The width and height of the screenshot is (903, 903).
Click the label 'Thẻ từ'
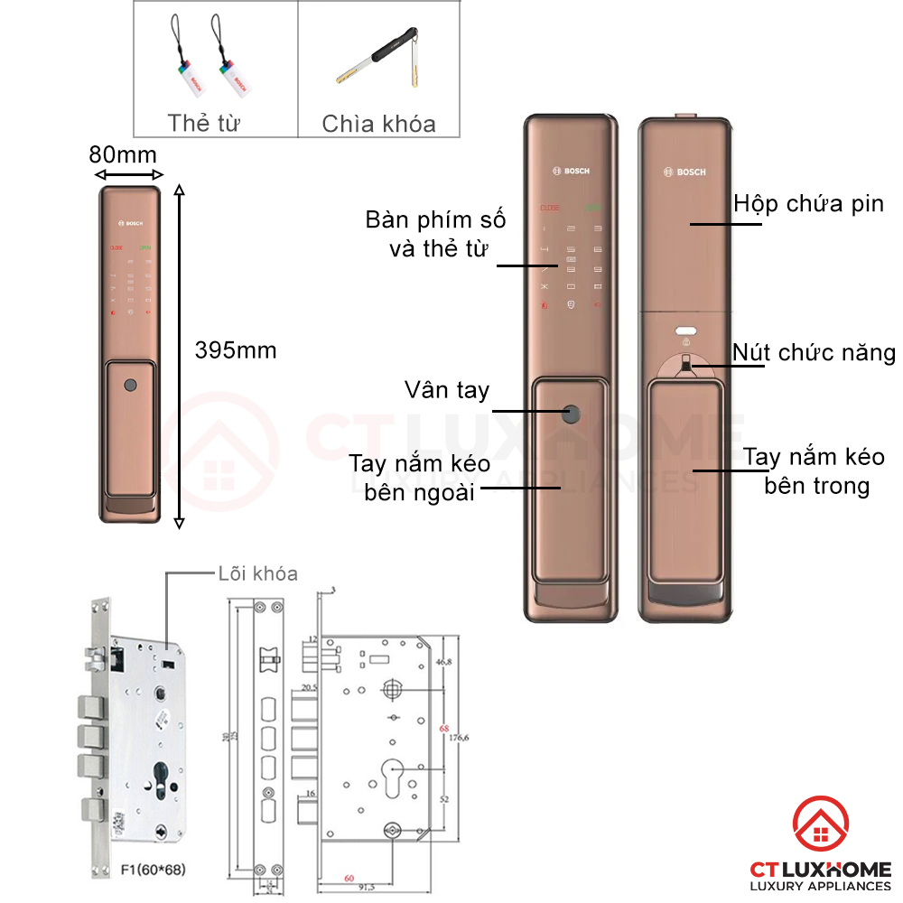pyautogui.click(x=203, y=123)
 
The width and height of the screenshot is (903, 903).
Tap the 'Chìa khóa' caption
pyautogui.click(x=378, y=124)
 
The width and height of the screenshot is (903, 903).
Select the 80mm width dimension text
pyautogui.click(x=123, y=154)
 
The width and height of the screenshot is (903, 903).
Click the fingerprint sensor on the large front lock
pyautogui.click(x=572, y=414)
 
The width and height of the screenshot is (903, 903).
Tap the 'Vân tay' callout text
pyautogui.click(x=446, y=390)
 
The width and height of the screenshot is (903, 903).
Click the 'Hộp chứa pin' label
pyautogui.click(x=809, y=203)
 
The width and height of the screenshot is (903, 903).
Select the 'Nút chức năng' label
pyautogui.click(x=814, y=352)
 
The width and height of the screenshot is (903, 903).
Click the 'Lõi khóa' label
pyautogui.click(x=257, y=573)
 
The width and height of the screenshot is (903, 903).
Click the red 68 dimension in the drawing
pyautogui.click(x=443, y=728)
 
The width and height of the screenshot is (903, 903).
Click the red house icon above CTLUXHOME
pyautogui.click(x=820, y=827)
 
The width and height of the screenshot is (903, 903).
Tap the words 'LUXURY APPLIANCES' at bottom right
pyautogui.click(x=820, y=886)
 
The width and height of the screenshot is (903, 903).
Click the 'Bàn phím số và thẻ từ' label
pyautogui.click(x=435, y=234)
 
